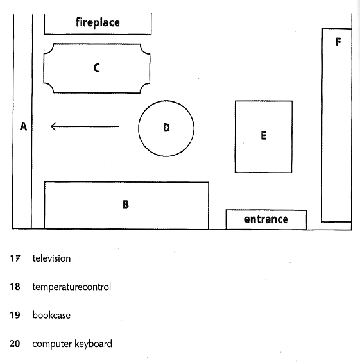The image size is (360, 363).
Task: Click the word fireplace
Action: (x=98, y=22)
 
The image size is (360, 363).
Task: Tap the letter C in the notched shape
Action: (x=97, y=68)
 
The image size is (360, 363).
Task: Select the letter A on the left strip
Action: (x=23, y=126)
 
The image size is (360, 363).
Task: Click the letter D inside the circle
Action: (x=166, y=128)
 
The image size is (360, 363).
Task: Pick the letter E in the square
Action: (x=263, y=135)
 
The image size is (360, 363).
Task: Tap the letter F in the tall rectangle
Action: (x=338, y=42)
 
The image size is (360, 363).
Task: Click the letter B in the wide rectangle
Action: (x=126, y=205)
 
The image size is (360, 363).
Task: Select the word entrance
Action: (x=266, y=219)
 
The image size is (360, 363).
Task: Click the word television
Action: (x=51, y=258)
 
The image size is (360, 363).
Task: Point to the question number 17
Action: (x=15, y=258)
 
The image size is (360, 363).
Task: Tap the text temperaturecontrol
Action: (x=72, y=287)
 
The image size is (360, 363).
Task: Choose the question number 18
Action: (x=15, y=287)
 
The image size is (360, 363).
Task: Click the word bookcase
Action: (x=51, y=316)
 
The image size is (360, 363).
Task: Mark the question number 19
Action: (x=15, y=315)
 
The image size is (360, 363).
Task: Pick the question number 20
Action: (x=15, y=344)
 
